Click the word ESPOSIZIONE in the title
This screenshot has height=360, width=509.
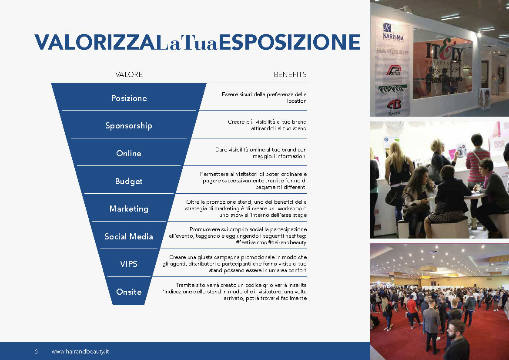[x=290, y=42]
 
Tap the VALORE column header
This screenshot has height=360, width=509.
[x=129, y=74]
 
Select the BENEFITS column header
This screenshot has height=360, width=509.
[x=290, y=74]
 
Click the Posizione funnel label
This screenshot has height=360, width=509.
[x=129, y=98]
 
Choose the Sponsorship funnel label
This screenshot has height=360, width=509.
[x=128, y=126]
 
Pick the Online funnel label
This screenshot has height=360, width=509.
[x=128, y=153]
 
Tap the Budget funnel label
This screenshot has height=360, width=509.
[x=128, y=181]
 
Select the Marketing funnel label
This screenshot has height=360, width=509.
[x=129, y=209]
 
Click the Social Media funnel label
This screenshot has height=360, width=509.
[x=128, y=236]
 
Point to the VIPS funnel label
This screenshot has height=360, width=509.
[x=128, y=264]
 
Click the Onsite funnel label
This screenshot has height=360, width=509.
[x=129, y=292]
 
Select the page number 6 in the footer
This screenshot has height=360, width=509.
[x=36, y=351]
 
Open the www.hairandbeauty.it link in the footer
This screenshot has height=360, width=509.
[x=80, y=351]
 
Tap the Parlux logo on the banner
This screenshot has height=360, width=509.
[x=394, y=70]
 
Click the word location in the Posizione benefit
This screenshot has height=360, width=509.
[x=297, y=101]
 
